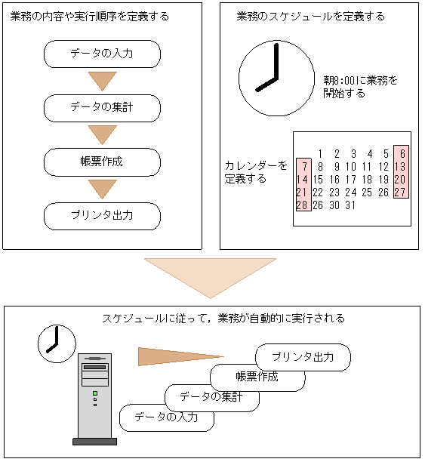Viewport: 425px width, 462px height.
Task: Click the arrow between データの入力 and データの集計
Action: coord(102,80)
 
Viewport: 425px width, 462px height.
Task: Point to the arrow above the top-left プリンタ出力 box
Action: coord(102,189)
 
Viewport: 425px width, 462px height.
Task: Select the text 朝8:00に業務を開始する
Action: coord(360,87)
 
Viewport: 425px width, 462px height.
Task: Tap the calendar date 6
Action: coord(402,153)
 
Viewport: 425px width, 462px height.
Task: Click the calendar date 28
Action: coord(302,205)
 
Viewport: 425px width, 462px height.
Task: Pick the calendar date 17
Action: coord(351,180)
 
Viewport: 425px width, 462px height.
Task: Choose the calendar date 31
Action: coord(350,205)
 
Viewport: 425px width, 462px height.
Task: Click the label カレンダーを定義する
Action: coord(256,172)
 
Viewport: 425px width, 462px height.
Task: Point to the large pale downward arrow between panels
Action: coord(210,278)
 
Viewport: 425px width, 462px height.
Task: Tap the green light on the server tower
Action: coord(95,393)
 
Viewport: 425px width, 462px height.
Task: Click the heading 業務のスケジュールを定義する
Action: coord(311,17)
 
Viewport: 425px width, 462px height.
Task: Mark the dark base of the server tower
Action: coord(94,442)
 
